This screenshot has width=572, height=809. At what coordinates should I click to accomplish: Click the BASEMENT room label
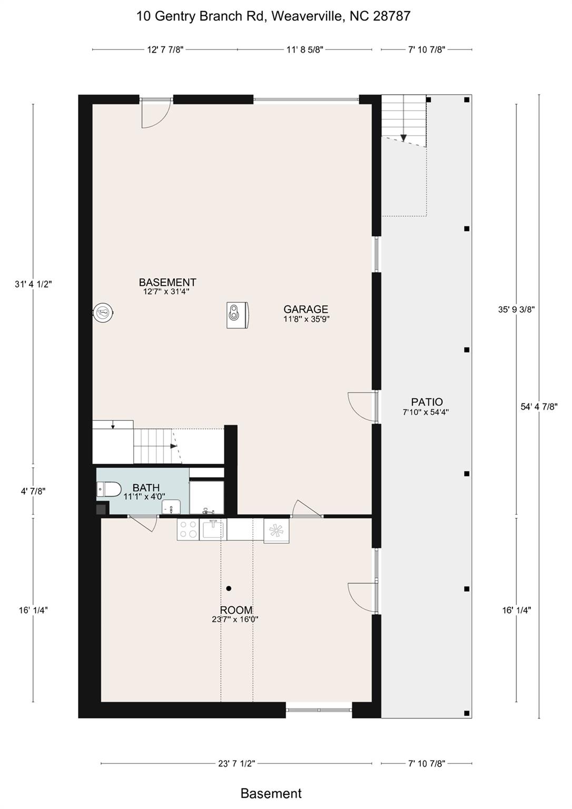[x=167, y=283]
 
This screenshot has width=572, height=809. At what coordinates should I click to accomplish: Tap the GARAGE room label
[x=305, y=310]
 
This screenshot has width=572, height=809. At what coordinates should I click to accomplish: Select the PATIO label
[x=427, y=402]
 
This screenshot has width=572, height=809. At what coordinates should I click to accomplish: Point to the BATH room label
[x=146, y=488]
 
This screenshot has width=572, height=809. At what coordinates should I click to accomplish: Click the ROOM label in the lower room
[x=236, y=610]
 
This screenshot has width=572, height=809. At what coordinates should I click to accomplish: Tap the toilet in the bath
[x=109, y=490]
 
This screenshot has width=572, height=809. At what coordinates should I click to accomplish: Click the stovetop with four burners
[x=188, y=529]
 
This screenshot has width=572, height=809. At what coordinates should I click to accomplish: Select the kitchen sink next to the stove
[x=213, y=529]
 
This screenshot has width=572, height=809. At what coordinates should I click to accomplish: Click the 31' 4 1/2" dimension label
[x=33, y=284]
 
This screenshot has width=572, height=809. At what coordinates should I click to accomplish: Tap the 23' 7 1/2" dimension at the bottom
[x=236, y=763]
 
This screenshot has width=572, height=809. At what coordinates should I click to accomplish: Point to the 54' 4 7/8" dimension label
[x=539, y=407]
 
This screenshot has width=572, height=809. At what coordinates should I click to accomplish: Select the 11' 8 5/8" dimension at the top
[x=304, y=50]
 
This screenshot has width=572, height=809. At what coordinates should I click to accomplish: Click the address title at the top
[x=273, y=16]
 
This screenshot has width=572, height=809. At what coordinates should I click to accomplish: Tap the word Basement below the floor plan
[x=271, y=793]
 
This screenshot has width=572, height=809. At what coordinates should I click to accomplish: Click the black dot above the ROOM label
[x=229, y=588]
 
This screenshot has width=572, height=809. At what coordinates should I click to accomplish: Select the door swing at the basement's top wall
[x=156, y=114]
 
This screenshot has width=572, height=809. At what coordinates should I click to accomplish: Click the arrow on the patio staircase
[x=403, y=137]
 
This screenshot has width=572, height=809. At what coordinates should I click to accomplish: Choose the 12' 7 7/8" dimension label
[x=165, y=50]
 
